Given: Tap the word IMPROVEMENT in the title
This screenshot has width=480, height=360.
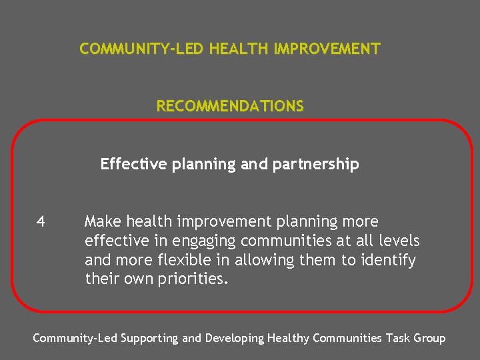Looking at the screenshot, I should (327, 49).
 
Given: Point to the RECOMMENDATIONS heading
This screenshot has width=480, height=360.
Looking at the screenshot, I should (230, 106).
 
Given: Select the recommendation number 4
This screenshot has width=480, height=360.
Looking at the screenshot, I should (41, 221).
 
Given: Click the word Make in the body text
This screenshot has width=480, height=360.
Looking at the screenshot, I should (102, 221).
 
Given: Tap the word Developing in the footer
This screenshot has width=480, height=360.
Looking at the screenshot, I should (234, 338).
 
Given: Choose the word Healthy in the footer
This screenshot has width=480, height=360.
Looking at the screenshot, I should (289, 338).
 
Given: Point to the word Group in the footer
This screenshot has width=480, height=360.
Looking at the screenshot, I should (430, 338).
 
